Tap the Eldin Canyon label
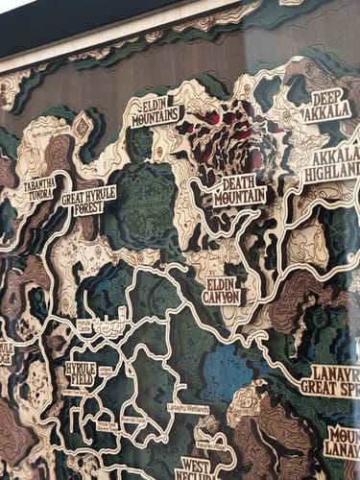pos(224,290)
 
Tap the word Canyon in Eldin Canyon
pos(224,297)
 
